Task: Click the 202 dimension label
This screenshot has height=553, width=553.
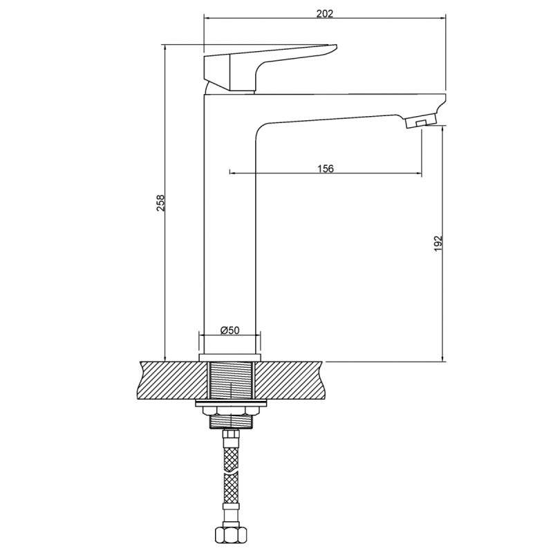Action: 324,14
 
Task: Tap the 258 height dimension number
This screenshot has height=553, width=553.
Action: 160,203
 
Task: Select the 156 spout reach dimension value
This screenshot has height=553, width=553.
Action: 325,169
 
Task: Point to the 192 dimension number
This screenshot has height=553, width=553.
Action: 438,243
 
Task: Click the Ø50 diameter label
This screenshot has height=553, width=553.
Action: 229,330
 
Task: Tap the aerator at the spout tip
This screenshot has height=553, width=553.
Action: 422,121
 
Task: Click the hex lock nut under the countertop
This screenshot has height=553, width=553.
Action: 230,411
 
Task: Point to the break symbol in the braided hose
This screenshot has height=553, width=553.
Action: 230,471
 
